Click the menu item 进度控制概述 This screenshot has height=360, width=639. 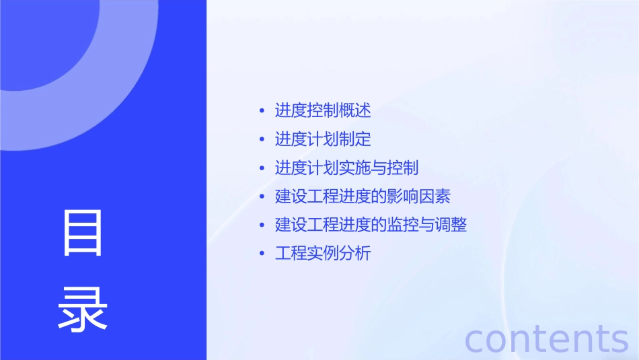(x=323, y=110)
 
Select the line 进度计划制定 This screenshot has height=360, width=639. (x=323, y=139)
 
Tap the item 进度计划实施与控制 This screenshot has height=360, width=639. (x=346, y=168)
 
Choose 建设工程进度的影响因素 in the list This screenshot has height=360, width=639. (x=363, y=196)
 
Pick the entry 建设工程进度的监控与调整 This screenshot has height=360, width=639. (x=371, y=225)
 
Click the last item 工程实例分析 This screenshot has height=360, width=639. (x=323, y=254)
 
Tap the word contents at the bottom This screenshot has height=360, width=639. (x=547, y=338)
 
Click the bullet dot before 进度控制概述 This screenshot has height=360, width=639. (x=262, y=110)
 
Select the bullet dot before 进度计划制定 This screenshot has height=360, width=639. (x=262, y=139)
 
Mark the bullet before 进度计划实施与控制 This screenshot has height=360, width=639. (x=262, y=168)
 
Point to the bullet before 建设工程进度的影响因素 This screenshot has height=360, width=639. (x=262, y=196)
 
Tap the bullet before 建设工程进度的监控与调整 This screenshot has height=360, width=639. (x=262, y=225)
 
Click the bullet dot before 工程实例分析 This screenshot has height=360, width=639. (x=262, y=254)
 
